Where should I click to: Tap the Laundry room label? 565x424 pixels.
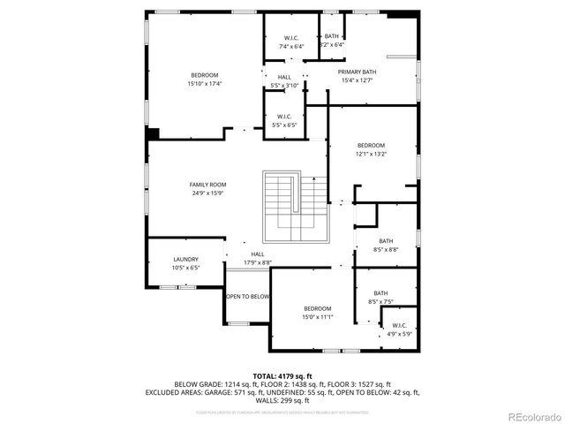185,259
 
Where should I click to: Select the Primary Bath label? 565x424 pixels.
357,72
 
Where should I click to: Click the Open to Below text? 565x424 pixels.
248,297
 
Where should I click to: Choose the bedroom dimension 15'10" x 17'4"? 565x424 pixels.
204,84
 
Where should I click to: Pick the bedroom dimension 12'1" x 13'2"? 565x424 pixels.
371,154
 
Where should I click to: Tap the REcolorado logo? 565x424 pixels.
532,416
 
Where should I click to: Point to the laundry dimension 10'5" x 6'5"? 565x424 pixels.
185,268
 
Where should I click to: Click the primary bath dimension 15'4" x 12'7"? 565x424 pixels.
357,80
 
